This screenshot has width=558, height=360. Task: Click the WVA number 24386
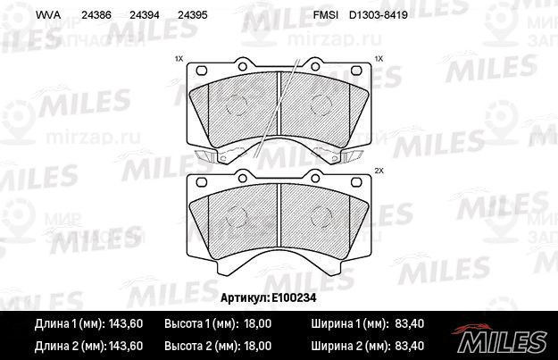[x=96, y=15]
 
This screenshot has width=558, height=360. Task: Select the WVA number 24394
[x=144, y=15]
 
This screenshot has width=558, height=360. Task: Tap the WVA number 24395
[x=192, y=15]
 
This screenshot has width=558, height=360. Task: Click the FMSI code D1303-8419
[x=379, y=15]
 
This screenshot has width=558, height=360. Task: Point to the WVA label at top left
[x=48, y=15]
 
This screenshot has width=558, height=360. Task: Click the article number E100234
[x=294, y=297]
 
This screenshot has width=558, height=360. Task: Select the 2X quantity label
[x=379, y=171]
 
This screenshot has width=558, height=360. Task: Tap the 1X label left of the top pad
[x=179, y=58]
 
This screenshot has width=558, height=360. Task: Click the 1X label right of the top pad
[x=379, y=58]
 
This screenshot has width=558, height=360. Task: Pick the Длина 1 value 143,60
[x=126, y=323]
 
